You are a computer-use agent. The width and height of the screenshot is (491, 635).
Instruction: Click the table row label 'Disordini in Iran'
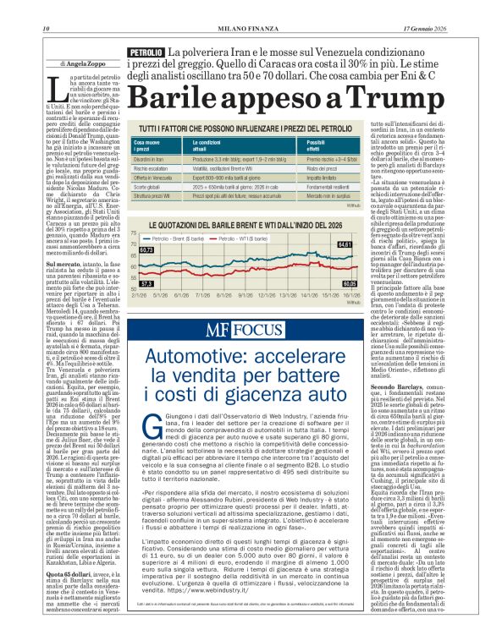tap(153, 158)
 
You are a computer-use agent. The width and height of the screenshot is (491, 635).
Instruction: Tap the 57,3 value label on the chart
tap(146, 283)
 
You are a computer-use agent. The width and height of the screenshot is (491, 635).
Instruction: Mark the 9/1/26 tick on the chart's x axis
tap(246, 296)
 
